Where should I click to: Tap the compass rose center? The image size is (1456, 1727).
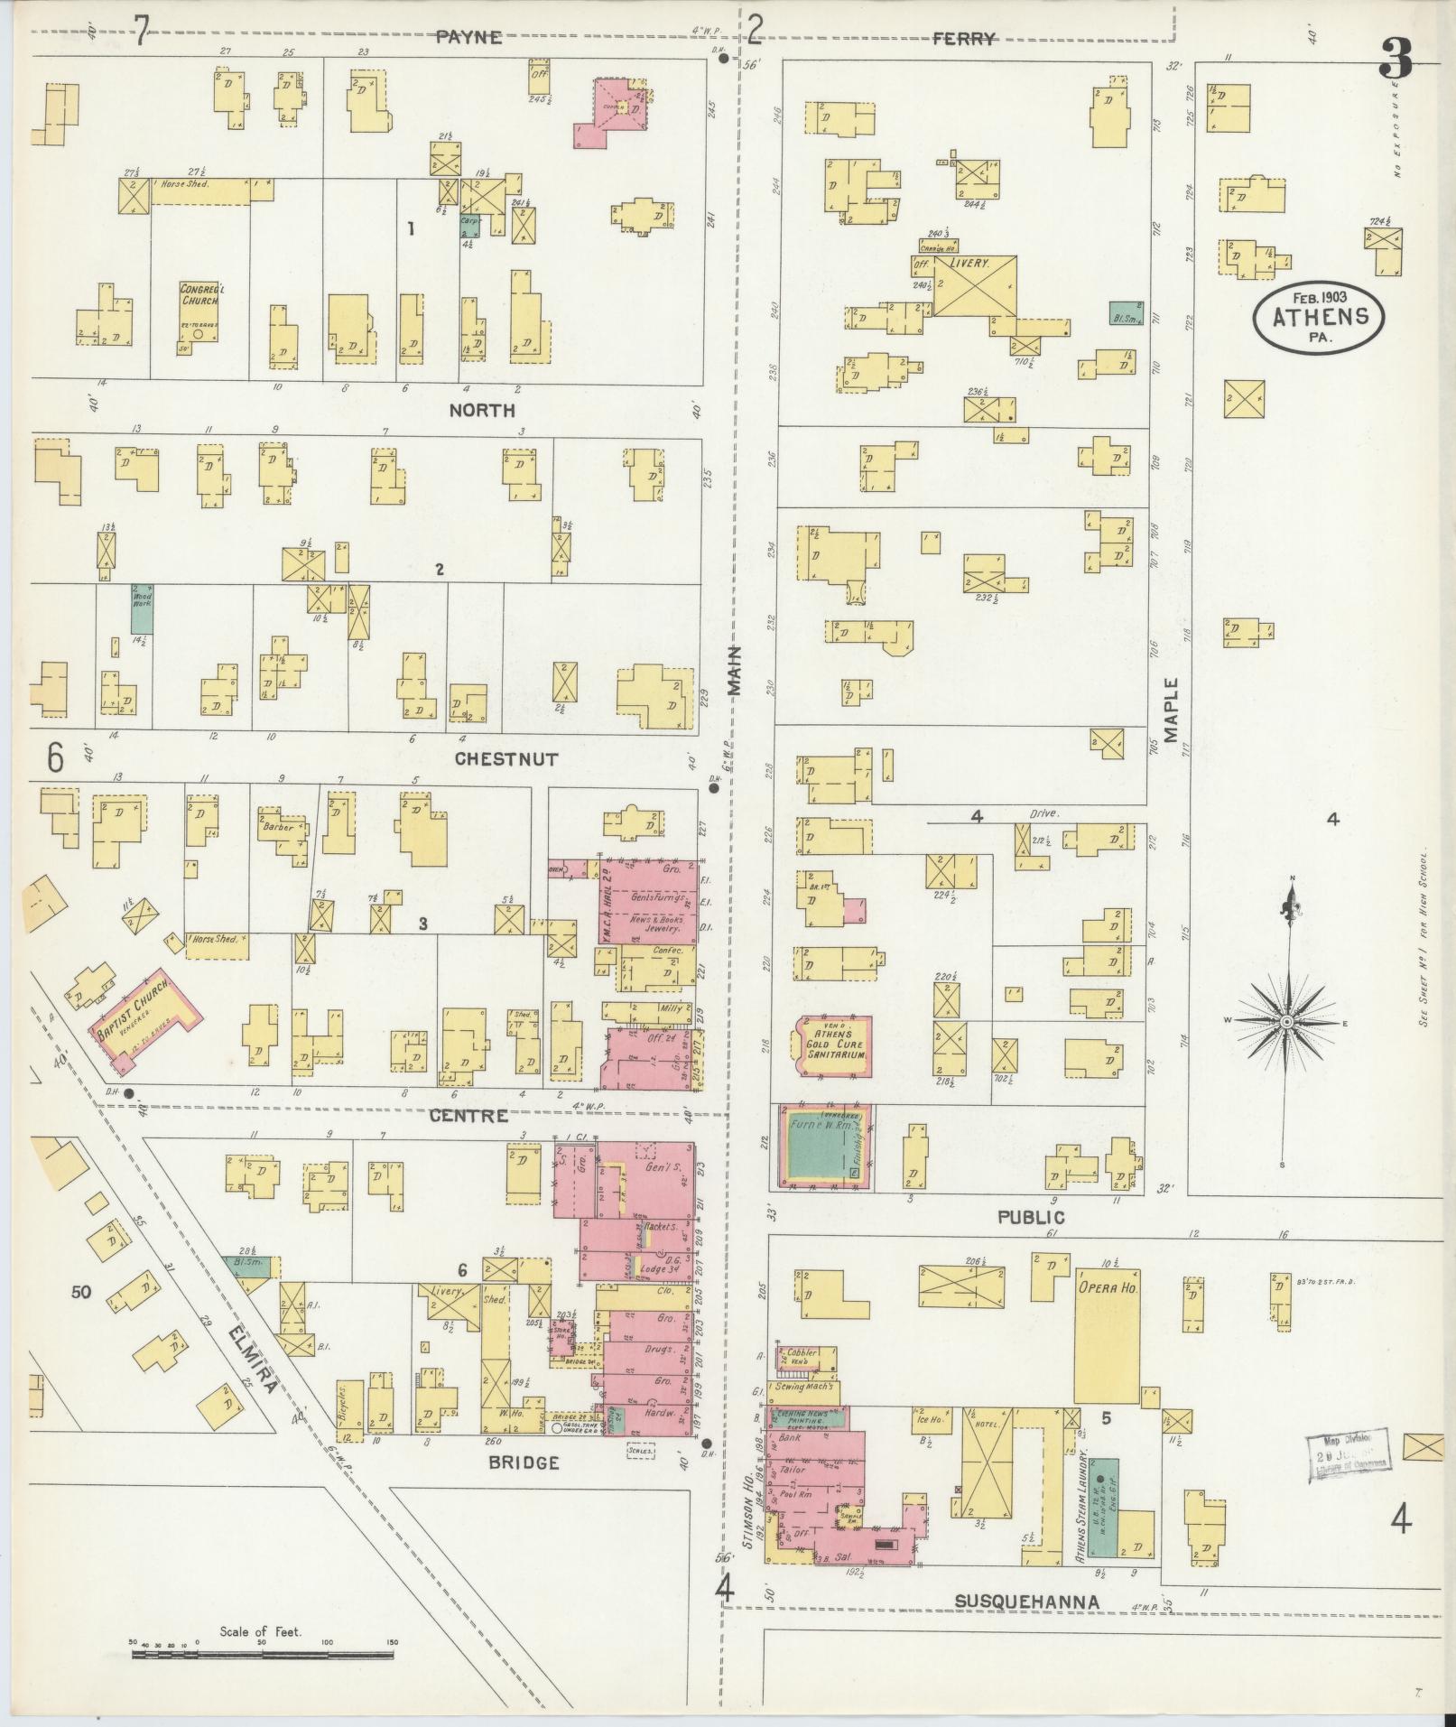1285,1021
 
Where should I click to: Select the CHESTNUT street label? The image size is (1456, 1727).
505,759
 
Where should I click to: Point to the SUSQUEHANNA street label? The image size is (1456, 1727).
1027,1601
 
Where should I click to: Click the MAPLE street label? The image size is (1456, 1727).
1172,710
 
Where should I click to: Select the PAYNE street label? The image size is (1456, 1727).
468,37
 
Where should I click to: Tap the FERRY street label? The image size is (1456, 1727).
963,39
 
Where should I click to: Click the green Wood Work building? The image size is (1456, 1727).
142,608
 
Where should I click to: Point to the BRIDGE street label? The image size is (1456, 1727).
525,1462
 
